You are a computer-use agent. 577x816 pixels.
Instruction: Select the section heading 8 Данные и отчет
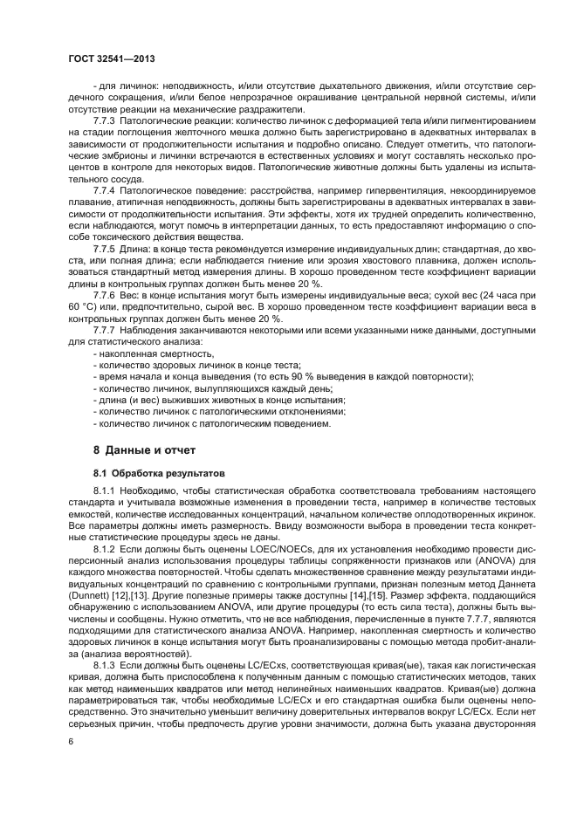(x=145, y=450)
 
